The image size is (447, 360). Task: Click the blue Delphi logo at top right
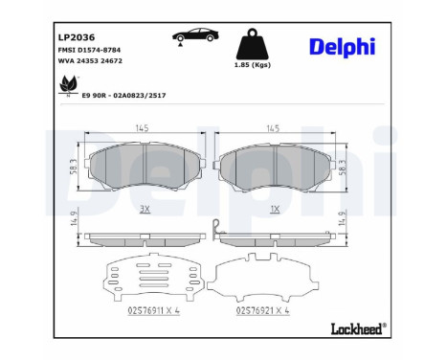coord(342,47)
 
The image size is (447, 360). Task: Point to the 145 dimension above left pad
coord(141,128)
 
